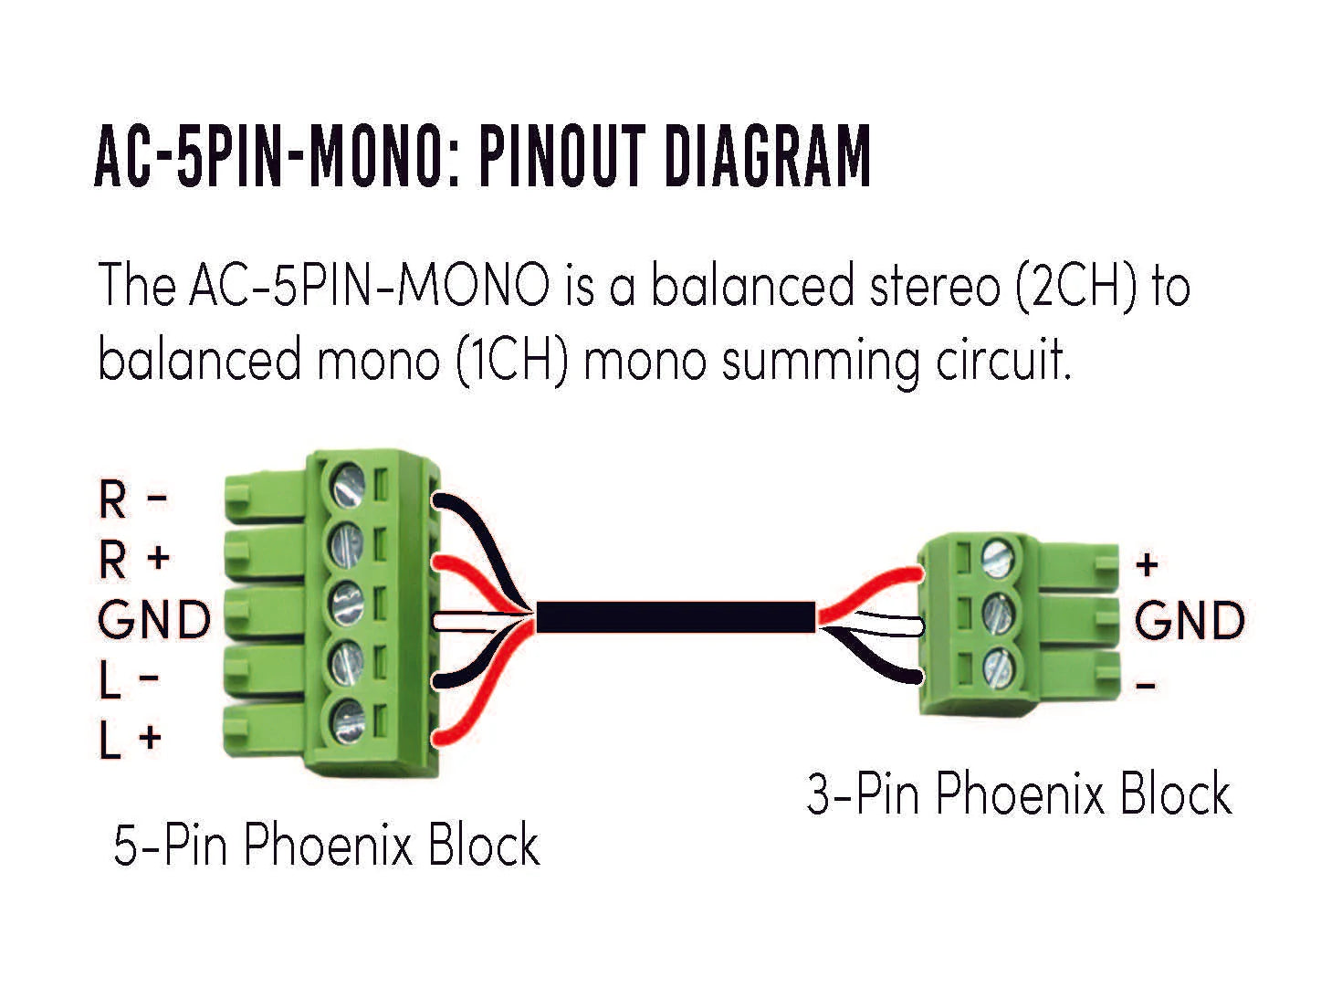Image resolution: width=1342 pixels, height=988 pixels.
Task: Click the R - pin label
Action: tap(132, 499)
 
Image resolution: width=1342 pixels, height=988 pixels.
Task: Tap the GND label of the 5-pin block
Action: tap(154, 621)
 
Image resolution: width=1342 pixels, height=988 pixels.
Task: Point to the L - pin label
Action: tap(129, 680)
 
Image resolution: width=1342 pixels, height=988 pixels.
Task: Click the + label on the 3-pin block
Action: tap(1147, 565)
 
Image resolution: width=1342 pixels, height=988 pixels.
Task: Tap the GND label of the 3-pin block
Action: tap(1190, 622)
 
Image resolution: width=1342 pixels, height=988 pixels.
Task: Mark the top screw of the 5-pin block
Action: tap(348, 485)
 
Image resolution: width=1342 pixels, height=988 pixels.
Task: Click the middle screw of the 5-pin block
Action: tap(347, 604)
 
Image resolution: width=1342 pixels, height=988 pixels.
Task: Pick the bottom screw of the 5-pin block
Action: tap(348, 721)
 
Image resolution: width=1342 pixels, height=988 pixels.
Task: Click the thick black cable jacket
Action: tap(675, 617)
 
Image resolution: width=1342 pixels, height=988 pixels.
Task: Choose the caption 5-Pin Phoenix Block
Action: tap(326, 845)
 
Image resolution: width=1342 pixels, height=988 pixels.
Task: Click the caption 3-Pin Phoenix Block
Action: tap(1019, 794)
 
